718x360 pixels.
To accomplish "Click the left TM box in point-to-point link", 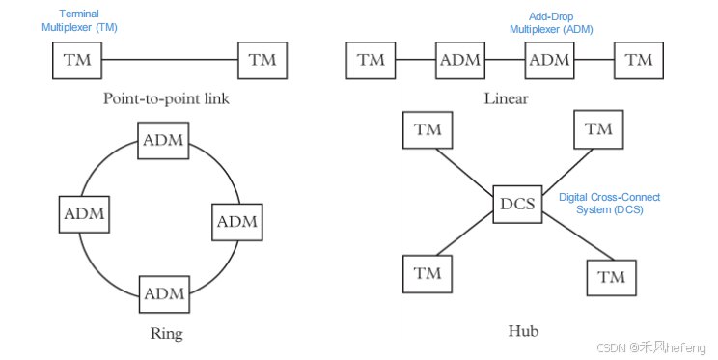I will tap(77, 60).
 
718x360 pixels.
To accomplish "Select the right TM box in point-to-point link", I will tap(262, 60).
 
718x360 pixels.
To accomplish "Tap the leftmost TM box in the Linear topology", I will tap(371, 60).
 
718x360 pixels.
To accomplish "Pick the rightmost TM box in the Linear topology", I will tap(638, 60).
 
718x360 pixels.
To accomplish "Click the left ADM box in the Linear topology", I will tap(460, 60).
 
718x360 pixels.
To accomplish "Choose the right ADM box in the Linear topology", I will tap(550, 60).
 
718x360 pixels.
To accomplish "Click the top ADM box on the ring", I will tap(164, 140).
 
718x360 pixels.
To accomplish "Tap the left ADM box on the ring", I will tap(84, 213).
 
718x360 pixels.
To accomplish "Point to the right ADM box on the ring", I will tap(236, 222).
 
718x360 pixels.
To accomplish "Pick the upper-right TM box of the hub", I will tap(598, 129).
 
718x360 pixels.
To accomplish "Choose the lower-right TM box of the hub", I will tap(612, 278).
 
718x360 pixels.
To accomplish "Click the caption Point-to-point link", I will tap(166, 98).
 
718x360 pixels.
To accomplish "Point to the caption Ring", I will tap(167, 334).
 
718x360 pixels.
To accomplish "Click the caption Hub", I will tap(523, 331).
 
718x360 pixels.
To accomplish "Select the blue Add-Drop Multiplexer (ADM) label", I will tap(551, 23).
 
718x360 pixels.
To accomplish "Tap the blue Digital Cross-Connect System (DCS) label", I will tap(610, 203).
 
